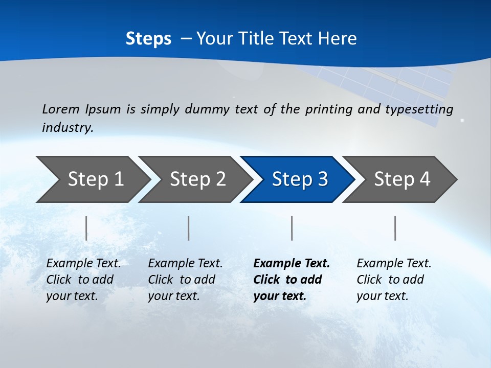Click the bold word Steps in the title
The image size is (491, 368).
click(x=148, y=39)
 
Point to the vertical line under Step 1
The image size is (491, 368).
click(x=86, y=228)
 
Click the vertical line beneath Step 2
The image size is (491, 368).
click(x=189, y=228)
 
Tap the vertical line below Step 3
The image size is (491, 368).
click(x=292, y=228)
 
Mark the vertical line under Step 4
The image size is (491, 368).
click(x=395, y=228)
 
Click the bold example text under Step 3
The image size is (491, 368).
click(x=291, y=280)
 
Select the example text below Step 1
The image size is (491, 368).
click(x=83, y=280)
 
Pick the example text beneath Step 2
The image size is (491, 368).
click(x=185, y=280)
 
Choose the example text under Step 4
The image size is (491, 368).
click(x=394, y=280)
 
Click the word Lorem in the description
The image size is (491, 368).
click(x=61, y=109)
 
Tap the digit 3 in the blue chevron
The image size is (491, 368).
click(x=322, y=179)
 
